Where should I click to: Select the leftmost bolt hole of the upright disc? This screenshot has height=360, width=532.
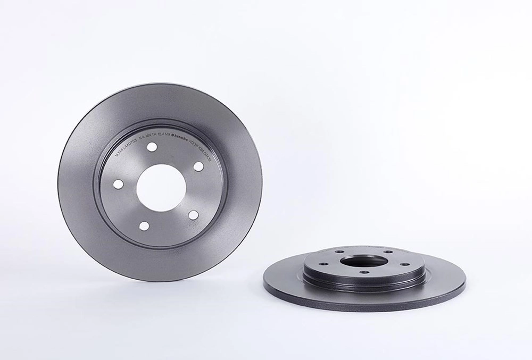[x=118, y=183]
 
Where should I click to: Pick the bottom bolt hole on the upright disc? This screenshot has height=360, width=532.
[x=144, y=226]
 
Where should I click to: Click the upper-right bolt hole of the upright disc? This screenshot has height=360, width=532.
[x=198, y=166]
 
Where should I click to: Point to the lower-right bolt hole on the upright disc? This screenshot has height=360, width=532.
[x=194, y=215]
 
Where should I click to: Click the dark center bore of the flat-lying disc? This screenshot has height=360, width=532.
[x=364, y=261]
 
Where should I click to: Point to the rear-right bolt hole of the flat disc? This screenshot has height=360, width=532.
[x=388, y=252]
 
